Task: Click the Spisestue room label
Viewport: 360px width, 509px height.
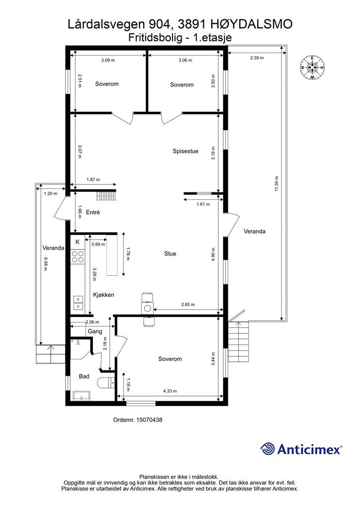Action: (185, 151)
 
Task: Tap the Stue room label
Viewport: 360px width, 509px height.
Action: (170, 254)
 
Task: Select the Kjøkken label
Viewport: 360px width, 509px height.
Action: (103, 295)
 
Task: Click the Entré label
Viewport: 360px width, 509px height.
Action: (93, 212)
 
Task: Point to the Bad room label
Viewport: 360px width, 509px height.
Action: (84, 376)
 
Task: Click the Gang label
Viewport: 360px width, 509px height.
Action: (95, 331)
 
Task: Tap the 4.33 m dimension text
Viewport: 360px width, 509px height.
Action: (171, 391)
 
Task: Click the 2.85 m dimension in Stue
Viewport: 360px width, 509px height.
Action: (187, 305)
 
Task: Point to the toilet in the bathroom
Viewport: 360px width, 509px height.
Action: (105, 383)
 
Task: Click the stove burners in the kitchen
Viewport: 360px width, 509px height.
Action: (78, 256)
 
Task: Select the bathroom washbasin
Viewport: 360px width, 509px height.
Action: (81, 395)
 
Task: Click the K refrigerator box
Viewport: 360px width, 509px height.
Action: (78, 242)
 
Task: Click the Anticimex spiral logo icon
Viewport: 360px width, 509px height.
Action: (268, 449)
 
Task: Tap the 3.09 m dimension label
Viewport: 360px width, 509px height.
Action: (107, 60)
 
